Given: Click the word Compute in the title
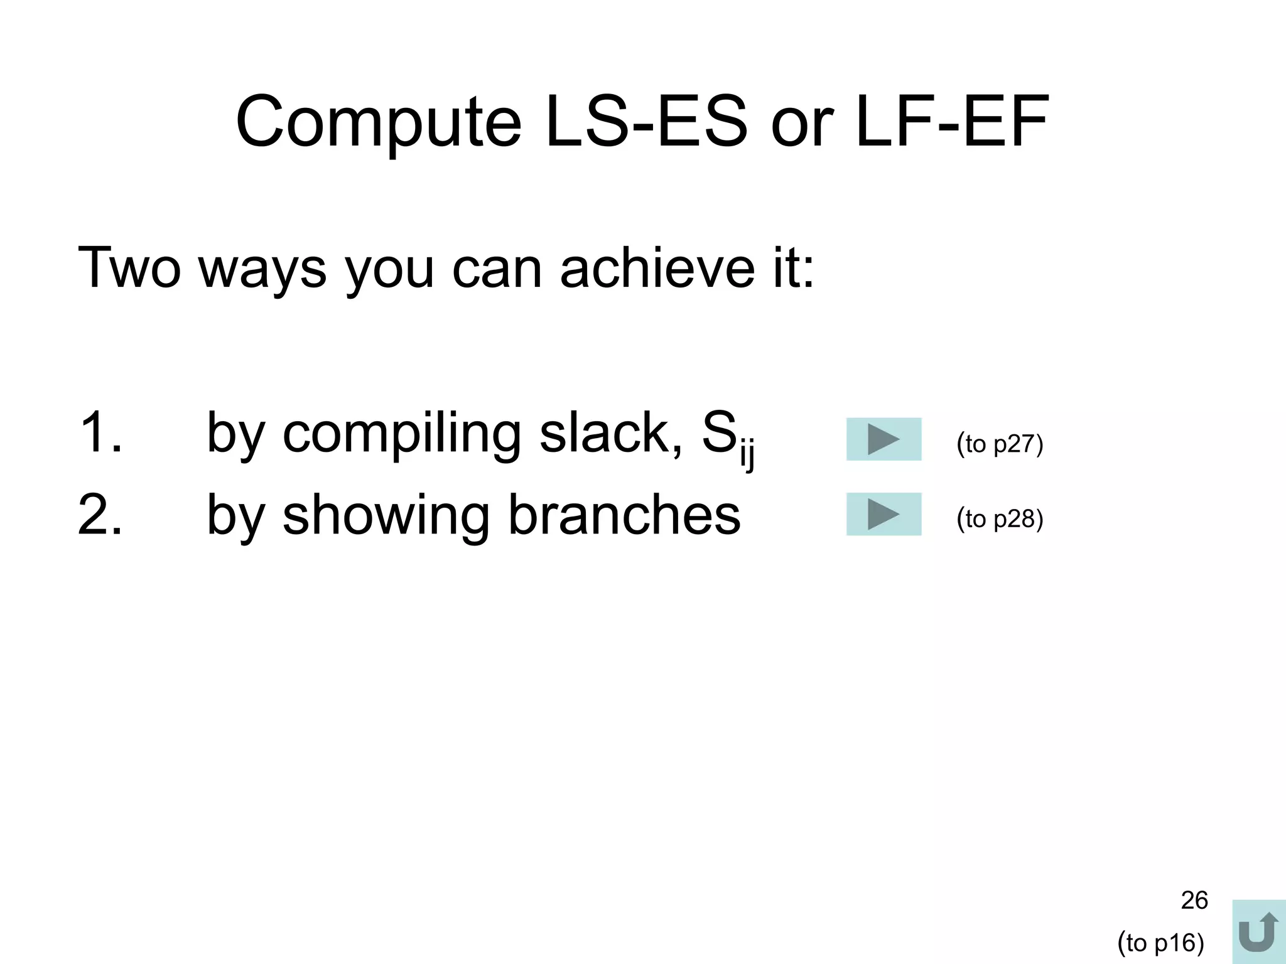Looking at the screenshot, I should click(x=378, y=122).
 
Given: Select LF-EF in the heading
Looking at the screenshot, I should click(x=952, y=122).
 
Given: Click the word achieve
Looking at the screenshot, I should click(x=657, y=268).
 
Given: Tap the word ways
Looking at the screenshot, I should click(x=262, y=271).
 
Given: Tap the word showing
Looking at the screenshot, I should click(x=386, y=517).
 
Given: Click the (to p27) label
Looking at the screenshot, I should click(x=1000, y=444).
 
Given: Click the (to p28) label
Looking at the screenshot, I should click(x=1000, y=519).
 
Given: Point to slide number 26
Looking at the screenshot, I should click(x=1194, y=900).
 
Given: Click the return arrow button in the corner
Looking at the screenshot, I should click(x=1258, y=932).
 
